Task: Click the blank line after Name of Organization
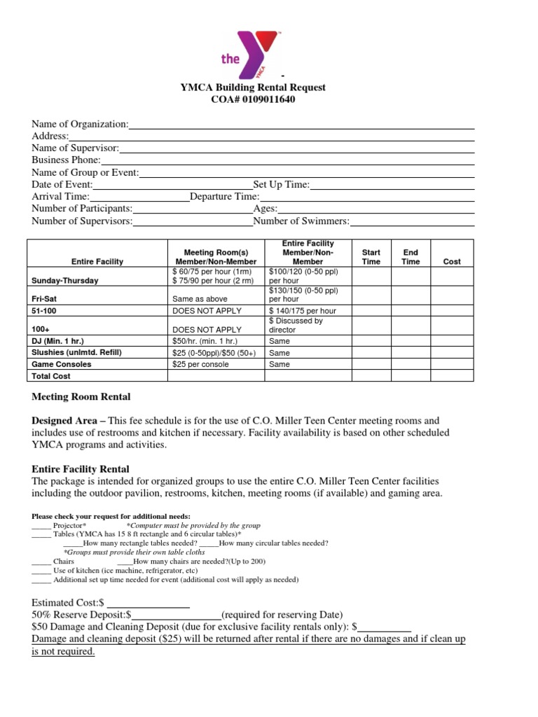point(301,124)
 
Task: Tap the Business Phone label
point(66,160)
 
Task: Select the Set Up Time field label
point(281,184)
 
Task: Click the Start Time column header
point(371,256)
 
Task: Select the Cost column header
point(452,261)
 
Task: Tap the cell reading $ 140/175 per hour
point(303,310)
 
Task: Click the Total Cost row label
point(51,376)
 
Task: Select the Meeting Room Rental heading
point(81,397)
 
